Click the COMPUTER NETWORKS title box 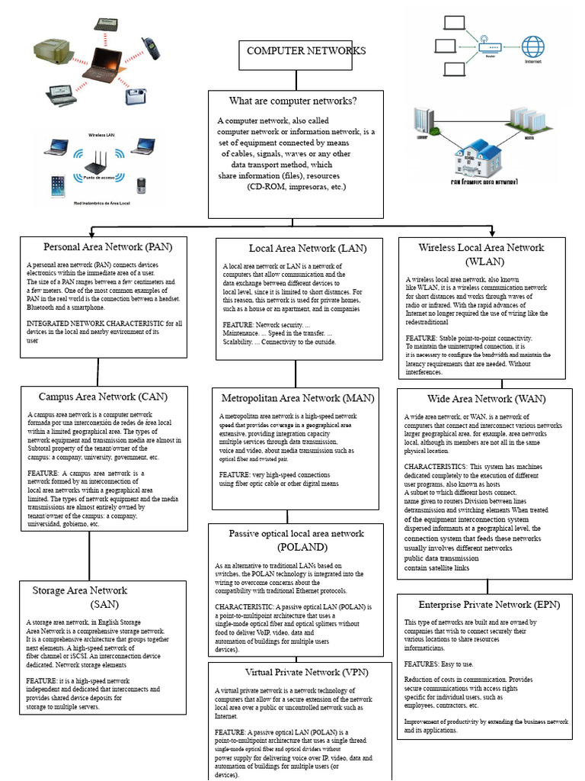point(295,51)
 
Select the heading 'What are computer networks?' point(293,101)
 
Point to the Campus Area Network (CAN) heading point(103,397)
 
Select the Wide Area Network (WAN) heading point(481,399)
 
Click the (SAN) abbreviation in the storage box point(104,605)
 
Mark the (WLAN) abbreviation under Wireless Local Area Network point(481,262)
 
